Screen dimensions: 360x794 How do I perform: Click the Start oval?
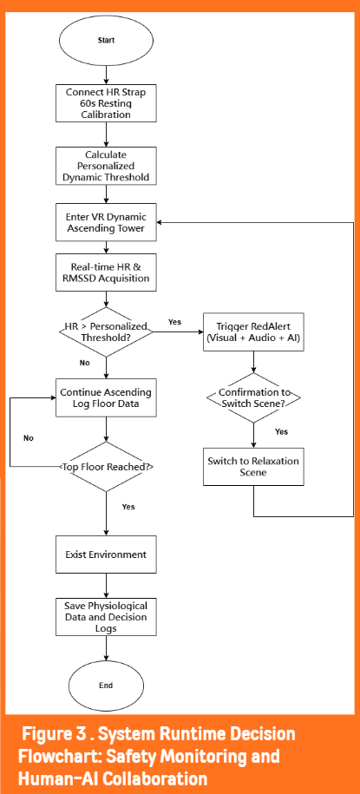(x=106, y=40)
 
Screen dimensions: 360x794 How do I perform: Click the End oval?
(x=106, y=686)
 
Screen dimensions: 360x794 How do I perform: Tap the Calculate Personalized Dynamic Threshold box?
(x=106, y=166)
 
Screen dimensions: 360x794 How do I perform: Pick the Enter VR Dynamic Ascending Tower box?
(x=106, y=222)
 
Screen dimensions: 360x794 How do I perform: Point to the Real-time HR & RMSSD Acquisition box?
(x=106, y=272)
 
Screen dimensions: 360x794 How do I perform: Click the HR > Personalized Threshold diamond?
(x=106, y=332)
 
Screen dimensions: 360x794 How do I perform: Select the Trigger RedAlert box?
(x=253, y=331)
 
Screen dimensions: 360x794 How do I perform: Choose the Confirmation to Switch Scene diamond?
(x=253, y=398)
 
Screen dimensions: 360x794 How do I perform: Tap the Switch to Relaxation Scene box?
(x=253, y=466)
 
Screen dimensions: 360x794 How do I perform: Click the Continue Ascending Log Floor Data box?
(x=106, y=398)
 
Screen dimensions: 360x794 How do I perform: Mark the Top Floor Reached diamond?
(x=106, y=466)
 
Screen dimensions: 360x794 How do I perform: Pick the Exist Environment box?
(x=106, y=554)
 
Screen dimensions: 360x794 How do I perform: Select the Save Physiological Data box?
(x=106, y=617)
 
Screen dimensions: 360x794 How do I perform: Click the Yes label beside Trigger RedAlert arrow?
(x=174, y=322)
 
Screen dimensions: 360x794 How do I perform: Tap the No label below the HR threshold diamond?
(x=85, y=364)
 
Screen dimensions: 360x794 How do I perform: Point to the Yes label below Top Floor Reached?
(x=128, y=507)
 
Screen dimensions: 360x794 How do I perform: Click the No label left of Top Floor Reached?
(x=29, y=438)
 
